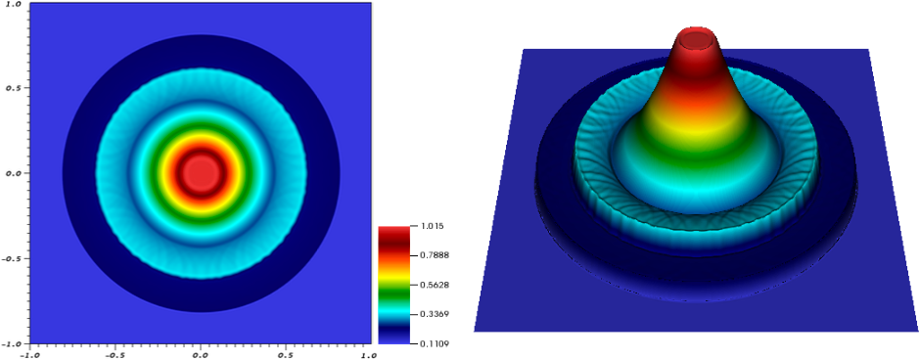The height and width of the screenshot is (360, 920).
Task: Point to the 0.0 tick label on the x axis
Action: click(x=201, y=354)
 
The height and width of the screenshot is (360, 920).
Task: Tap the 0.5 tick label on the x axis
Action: click(x=286, y=354)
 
